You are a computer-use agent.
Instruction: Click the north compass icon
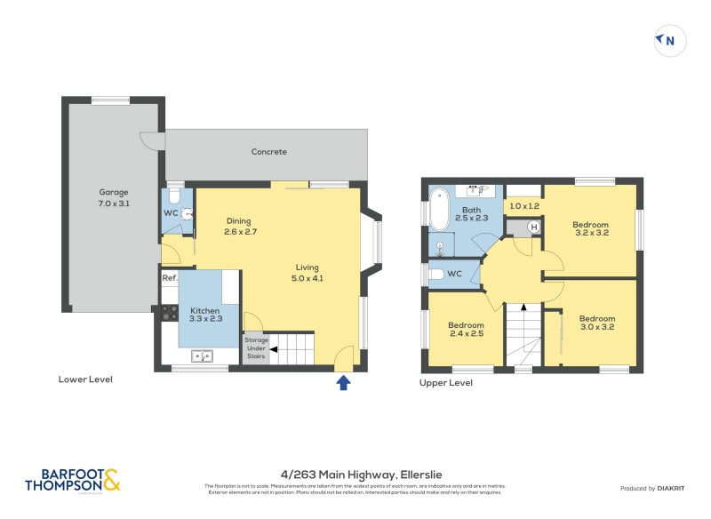[x=670, y=40]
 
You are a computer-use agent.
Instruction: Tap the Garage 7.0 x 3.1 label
[x=114, y=197]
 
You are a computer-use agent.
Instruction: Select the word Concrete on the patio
[x=268, y=152]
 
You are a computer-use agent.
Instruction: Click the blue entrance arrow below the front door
[x=344, y=382]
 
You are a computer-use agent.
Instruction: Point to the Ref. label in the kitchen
[x=169, y=278]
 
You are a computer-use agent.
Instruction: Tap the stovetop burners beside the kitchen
[x=169, y=313]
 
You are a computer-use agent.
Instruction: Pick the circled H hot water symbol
[x=533, y=227]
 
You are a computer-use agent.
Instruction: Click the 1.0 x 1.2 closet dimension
[x=523, y=206]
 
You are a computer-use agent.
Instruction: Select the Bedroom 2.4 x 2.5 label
[x=466, y=329]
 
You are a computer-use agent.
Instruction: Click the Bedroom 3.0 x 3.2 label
[x=596, y=323]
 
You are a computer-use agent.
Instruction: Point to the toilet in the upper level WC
[x=435, y=275]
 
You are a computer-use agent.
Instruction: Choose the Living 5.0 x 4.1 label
[x=308, y=272]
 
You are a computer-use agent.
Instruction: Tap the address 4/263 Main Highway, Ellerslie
[x=355, y=475]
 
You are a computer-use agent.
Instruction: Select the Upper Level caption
[x=446, y=383]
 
